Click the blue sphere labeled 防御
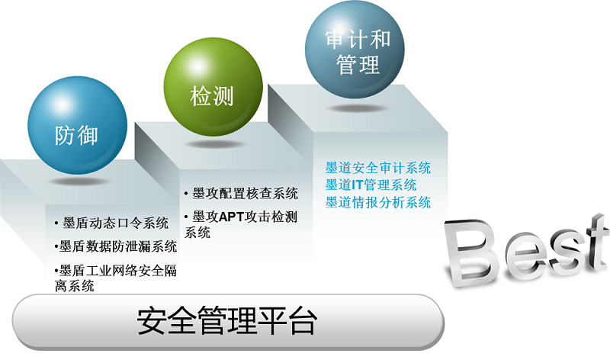[78, 125]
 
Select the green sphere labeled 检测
[213, 87]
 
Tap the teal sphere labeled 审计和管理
[355, 50]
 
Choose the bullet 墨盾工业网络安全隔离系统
[116, 278]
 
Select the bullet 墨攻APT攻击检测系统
[241, 224]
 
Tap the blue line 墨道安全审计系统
[378, 168]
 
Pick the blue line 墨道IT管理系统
[371, 185]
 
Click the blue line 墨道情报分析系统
[378, 202]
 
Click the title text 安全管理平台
[227, 320]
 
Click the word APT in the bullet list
[231, 217]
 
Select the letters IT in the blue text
[357, 185]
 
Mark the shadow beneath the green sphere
[215, 144]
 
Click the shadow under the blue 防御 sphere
[79, 182]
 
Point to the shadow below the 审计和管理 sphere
[357, 108]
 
